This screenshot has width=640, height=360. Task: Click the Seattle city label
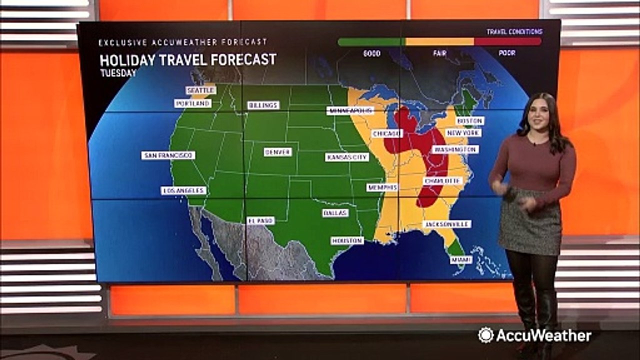click(x=201, y=90)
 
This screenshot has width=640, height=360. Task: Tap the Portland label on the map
click(x=192, y=103)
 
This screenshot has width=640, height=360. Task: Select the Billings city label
click(x=263, y=105)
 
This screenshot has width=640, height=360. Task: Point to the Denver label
click(x=277, y=152)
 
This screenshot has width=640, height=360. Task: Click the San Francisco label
click(x=168, y=155)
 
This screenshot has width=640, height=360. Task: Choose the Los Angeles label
click(x=183, y=190)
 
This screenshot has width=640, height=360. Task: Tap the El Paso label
click(x=260, y=220)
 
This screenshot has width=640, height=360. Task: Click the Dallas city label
click(x=335, y=213)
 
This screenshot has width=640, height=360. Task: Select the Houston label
click(x=347, y=240)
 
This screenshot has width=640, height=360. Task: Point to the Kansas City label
click(x=347, y=157)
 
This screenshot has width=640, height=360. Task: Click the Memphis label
click(x=382, y=187)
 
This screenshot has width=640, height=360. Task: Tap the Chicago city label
click(x=386, y=134)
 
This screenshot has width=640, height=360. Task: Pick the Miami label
click(x=460, y=260)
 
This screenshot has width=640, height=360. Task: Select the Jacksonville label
click(x=447, y=224)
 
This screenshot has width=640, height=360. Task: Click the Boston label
click(x=470, y=121)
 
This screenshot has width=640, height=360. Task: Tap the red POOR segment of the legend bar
click(x=507, y=42)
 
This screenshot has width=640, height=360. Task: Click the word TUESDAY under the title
click(x=118, y=73)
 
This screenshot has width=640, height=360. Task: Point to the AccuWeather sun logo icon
click(x=485, y=335)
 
